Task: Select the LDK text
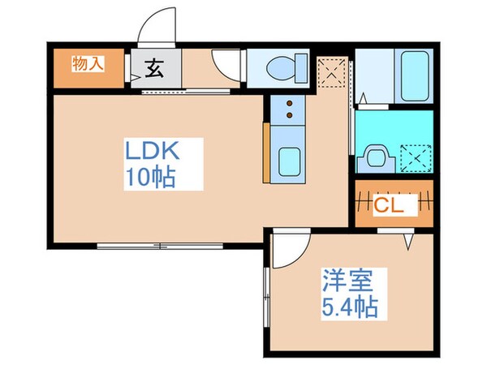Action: click(x=150, y=151)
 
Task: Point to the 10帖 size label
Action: click(x=150, y=177)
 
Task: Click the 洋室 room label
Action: click(x=347, y=284)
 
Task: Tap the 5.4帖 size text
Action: click(x=348, y=307)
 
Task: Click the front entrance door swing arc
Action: click(x=157, y=28)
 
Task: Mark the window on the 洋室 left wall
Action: click(x=266, y=299)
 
